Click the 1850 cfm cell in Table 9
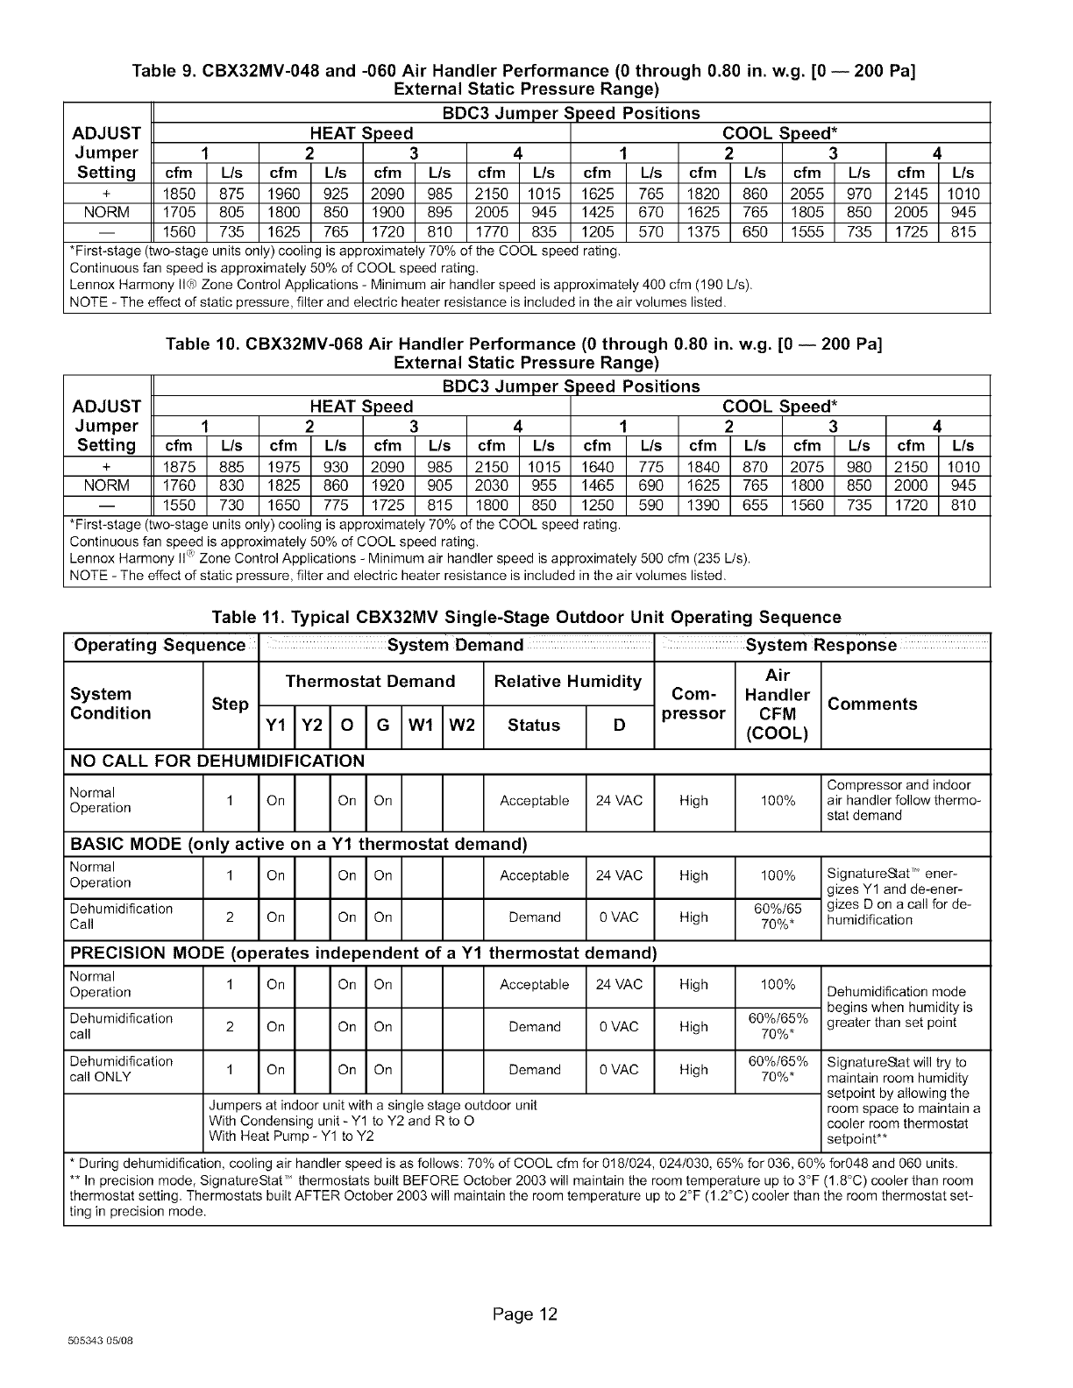point(180,194)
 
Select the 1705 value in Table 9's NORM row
point(180,213)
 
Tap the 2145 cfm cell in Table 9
point(912,194)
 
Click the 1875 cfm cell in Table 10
point(180,467)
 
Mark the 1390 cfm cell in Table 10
point(703,506)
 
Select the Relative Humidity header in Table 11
point(568,682)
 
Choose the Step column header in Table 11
point(231,704)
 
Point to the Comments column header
point(872,704)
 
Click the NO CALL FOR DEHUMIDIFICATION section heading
point(217,761)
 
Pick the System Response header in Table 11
point(821,646)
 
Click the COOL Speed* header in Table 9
point(779,134)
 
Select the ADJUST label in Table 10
point(107,407)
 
